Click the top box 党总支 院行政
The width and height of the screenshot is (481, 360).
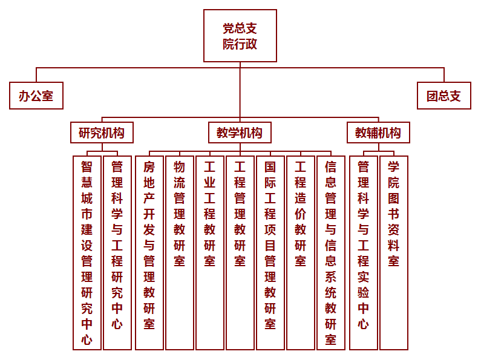(240, 36)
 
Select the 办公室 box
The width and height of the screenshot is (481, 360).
(36, 96)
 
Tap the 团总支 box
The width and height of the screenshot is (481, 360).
(444, 96)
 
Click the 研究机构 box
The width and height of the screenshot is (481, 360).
(102, 133)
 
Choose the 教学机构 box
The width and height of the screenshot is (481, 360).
(240, 133)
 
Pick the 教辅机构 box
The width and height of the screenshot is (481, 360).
(378, 133)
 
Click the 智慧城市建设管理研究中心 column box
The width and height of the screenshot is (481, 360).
(87, 253)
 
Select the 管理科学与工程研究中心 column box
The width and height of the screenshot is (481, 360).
(117, 253)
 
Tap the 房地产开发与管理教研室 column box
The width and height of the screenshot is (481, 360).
(149, 253)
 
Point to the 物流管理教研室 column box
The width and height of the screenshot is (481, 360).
(180, 253)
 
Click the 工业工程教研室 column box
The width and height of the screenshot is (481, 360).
(210, 253)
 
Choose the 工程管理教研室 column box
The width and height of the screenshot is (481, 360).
(240, 253)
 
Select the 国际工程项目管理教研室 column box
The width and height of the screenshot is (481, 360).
(270, 253)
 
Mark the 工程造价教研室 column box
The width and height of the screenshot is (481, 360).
(301, 253)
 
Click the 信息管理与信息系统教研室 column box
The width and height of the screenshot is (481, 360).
(331, 253)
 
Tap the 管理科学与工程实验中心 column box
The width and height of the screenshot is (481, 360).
(363, 253)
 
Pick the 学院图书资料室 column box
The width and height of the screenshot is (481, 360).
(394, 253)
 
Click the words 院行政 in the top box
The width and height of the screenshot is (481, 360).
(240, 44)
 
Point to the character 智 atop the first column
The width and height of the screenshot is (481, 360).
(87, 167)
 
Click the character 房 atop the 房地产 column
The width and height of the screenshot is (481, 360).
(149, 167)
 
